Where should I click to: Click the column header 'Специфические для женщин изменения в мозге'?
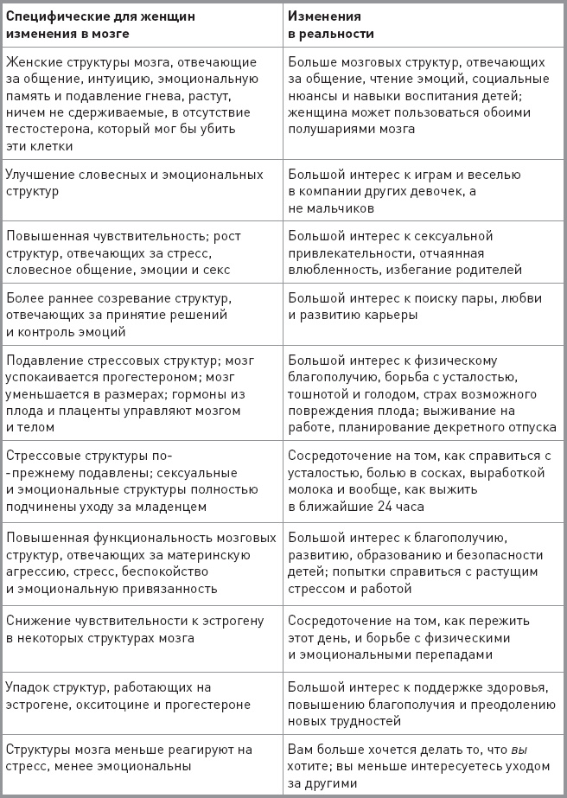(100, 24)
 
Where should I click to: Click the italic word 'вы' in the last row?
(519, 749)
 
